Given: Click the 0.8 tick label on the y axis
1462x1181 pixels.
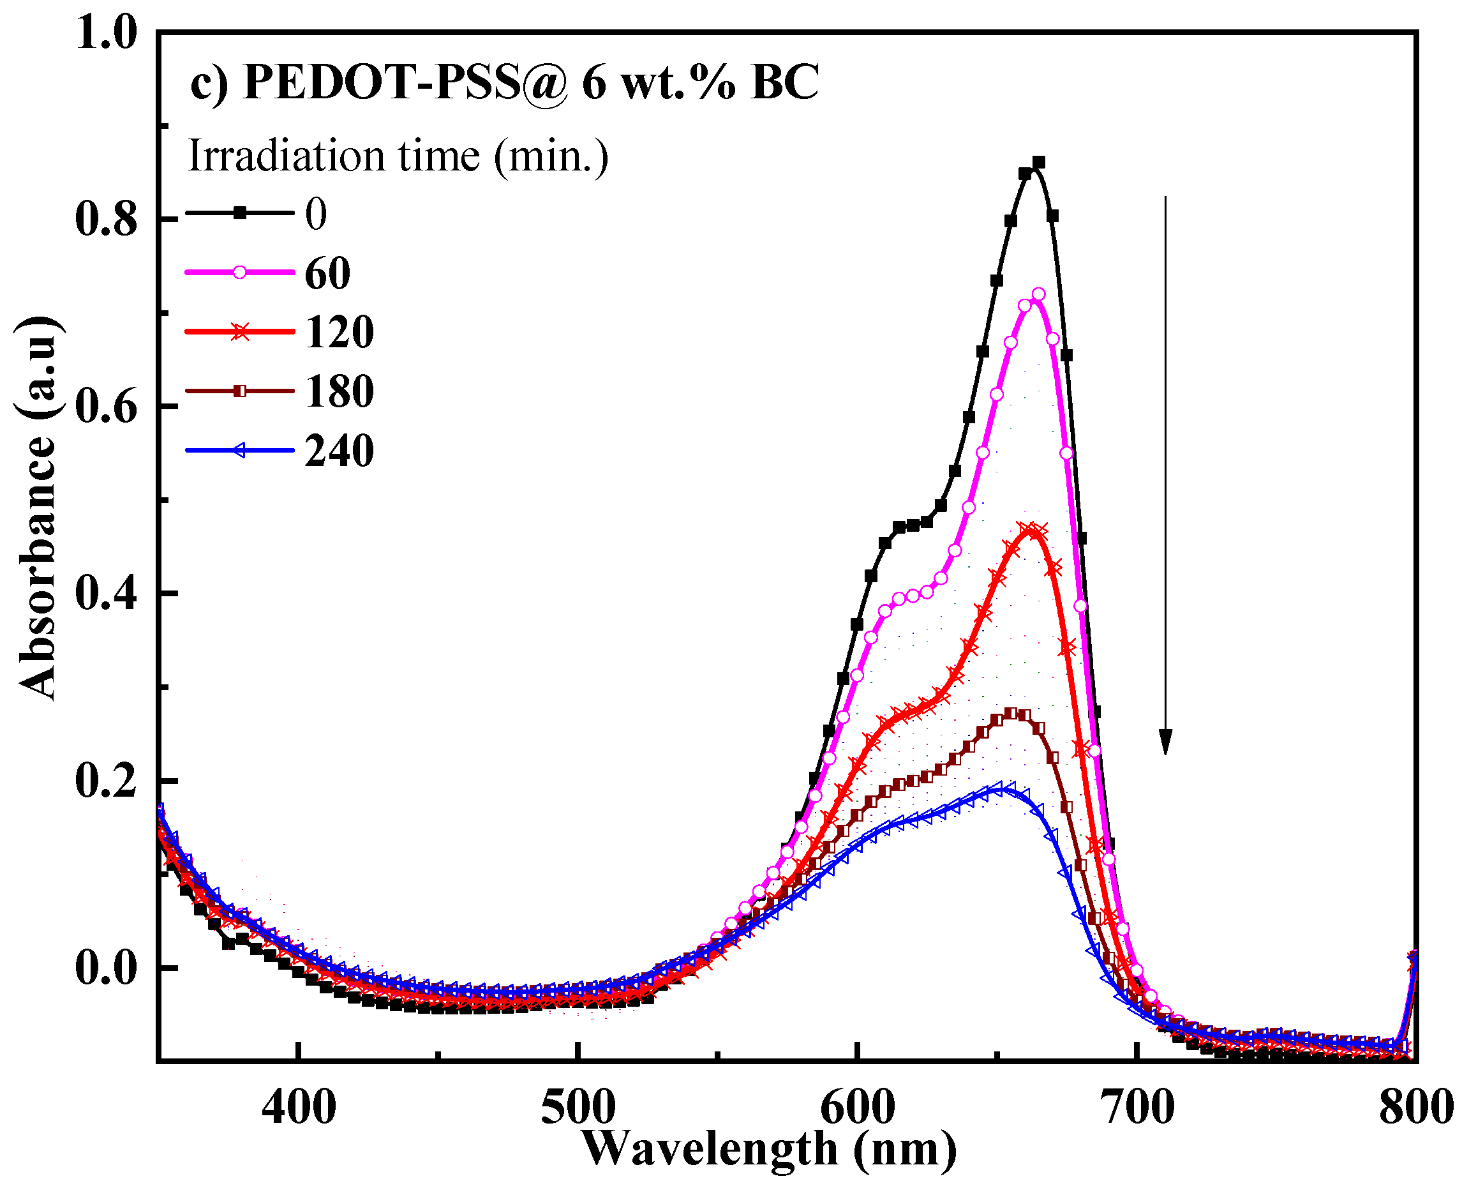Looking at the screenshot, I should click(x=106, y=220).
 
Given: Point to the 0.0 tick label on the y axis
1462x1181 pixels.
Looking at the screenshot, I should click(x=106, y=968).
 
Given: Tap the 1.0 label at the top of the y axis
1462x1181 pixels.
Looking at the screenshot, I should click(x=106, y=33).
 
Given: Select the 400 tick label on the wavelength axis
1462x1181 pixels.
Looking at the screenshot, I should click(x=299, y=1107).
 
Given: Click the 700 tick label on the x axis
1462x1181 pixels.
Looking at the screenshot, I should click(x=1137, y=1107).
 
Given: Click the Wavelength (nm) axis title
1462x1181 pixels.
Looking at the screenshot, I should click(x=769, y=1148).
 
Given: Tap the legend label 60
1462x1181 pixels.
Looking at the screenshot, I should click(x=327, y=273).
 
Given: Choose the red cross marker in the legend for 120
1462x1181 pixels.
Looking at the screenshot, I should click(x=239, y=332).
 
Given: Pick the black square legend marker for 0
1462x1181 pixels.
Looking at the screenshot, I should click(x=239, y=213).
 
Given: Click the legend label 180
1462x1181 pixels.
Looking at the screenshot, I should click(x=339, y=391).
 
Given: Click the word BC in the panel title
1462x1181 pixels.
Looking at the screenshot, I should click(x=785, y=83).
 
